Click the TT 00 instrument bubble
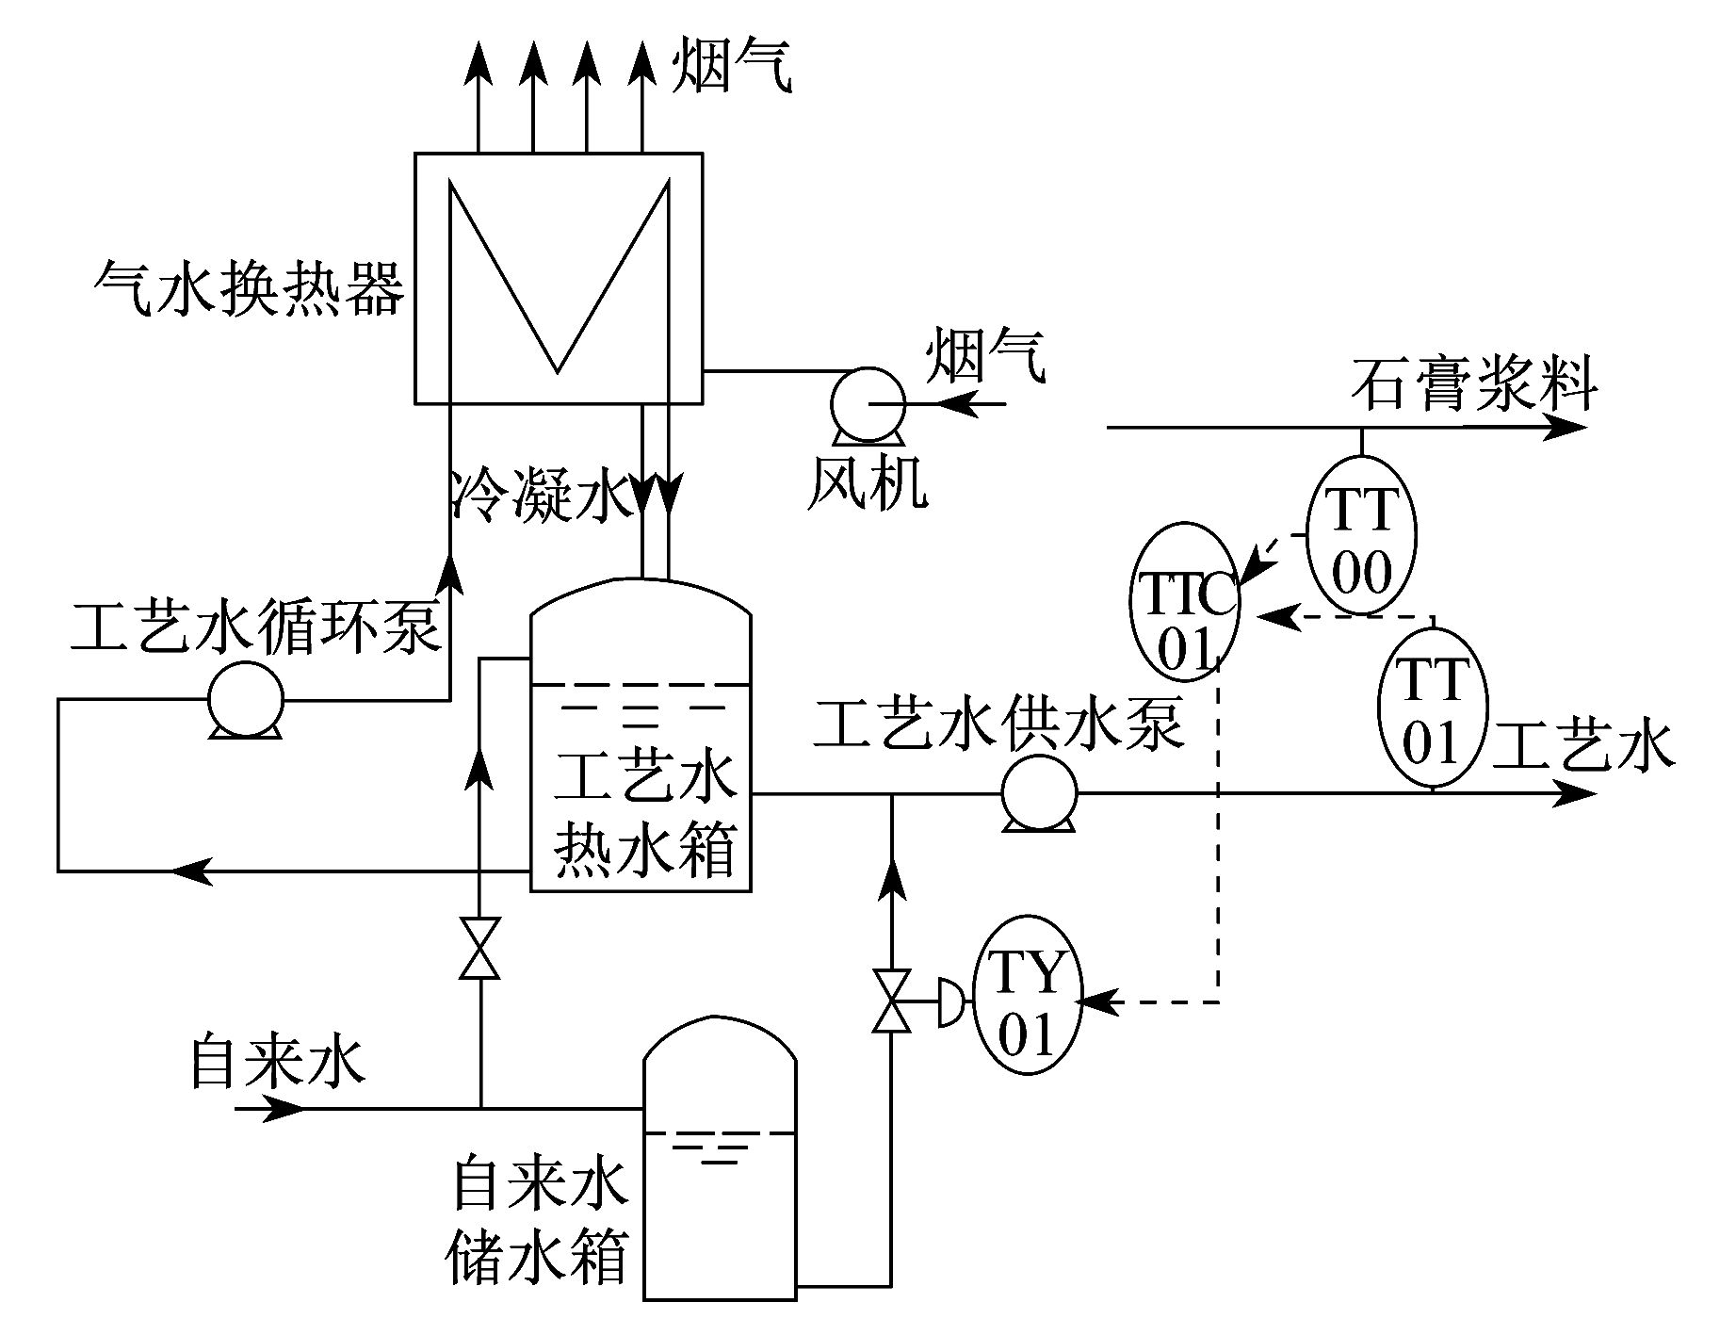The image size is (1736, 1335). click(x=1362, y=535)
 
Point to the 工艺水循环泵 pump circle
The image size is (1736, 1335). click(x=245, y=700)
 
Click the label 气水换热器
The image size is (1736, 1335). click(x=250, y=287)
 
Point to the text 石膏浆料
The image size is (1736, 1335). click(x=1475, y=383)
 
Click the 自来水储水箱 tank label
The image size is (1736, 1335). click(x=538, y=1222)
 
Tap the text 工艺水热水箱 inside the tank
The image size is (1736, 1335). click(x=643, y=814)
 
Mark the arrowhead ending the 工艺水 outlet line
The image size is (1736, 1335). click(x=1577, y=793)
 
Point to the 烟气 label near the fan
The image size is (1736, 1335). click(x=985, y=355)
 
